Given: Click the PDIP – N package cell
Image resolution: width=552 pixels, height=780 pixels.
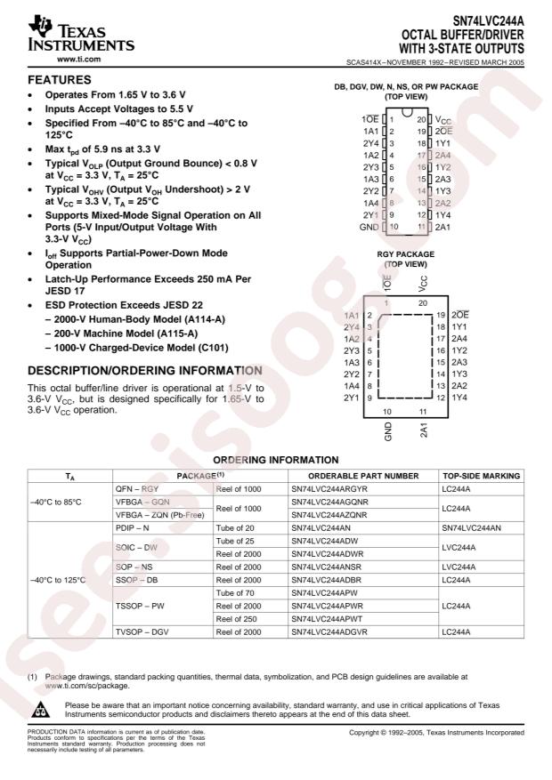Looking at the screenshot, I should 135,527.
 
